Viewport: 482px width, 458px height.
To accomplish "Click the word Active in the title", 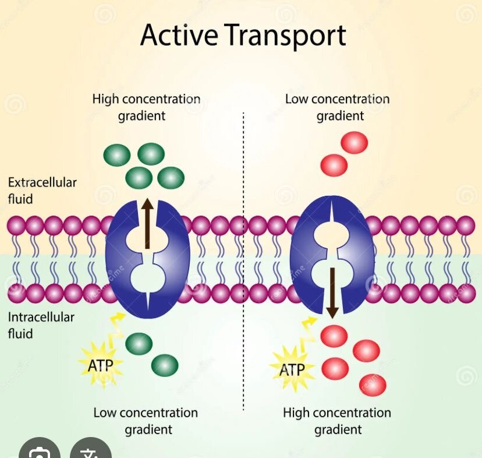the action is [179, 35].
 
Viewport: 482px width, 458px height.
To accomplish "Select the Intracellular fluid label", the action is [41, 325].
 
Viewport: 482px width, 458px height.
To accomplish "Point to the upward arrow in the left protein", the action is [147, 223].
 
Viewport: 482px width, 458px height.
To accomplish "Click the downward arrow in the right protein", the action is [332, 293].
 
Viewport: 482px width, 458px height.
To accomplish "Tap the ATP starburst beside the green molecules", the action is [101, 365].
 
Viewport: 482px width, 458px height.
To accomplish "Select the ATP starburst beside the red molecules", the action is [292, 369].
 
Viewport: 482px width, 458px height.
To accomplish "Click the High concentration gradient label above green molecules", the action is [146, 107].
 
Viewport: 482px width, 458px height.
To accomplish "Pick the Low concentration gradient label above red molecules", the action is [337, 107].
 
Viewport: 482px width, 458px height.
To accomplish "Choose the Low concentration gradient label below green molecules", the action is [146, 421].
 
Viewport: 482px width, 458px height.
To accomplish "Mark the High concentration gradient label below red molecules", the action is [337, 421].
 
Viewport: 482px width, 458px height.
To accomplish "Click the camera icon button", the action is [40, 449].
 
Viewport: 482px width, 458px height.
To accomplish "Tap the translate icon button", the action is [91, 449].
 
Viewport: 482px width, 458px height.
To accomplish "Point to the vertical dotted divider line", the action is [243, 261].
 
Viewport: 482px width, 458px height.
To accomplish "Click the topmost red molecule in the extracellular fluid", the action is [355, 143].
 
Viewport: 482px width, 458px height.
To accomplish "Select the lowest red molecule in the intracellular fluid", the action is [373, 385].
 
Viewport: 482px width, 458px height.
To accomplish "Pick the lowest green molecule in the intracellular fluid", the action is [165, 365].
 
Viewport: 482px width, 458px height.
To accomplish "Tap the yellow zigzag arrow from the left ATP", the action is [116, 329].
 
